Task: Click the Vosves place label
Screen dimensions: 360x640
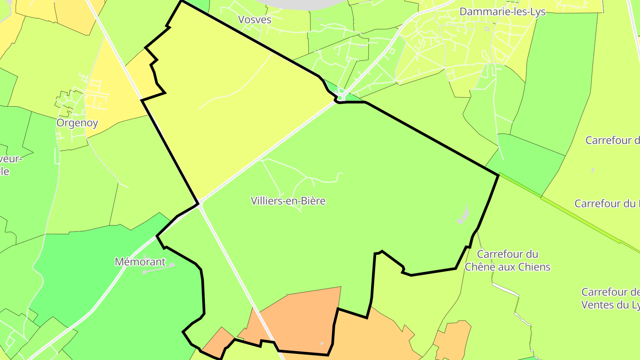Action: pyautogui.click(x=255, y=20)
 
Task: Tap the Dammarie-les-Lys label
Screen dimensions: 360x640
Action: pyautogui.click(x=502, y=12)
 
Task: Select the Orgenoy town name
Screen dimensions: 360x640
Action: pyautogui.click(x=77, y=123)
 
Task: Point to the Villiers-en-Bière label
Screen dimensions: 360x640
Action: pyautogui.click(x=288, y=201)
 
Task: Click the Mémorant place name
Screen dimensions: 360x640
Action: pyautogui.click(x=140, y=262)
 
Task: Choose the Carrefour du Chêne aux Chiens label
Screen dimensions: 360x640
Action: pyautogui.click(x=507, y=260)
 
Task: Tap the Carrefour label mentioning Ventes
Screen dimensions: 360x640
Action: pyautogui.click(x=611, y=299)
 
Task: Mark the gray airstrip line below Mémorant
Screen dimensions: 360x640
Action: pyautogui.click(x=158, y=268)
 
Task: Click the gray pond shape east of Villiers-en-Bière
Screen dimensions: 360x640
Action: pyautogui.click(x=464, y=215)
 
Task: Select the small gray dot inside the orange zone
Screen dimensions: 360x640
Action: pyautogui.click(x=322, y=344)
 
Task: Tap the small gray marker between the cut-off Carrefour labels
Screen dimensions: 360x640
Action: pyautogui.click(x=593, y=171)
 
